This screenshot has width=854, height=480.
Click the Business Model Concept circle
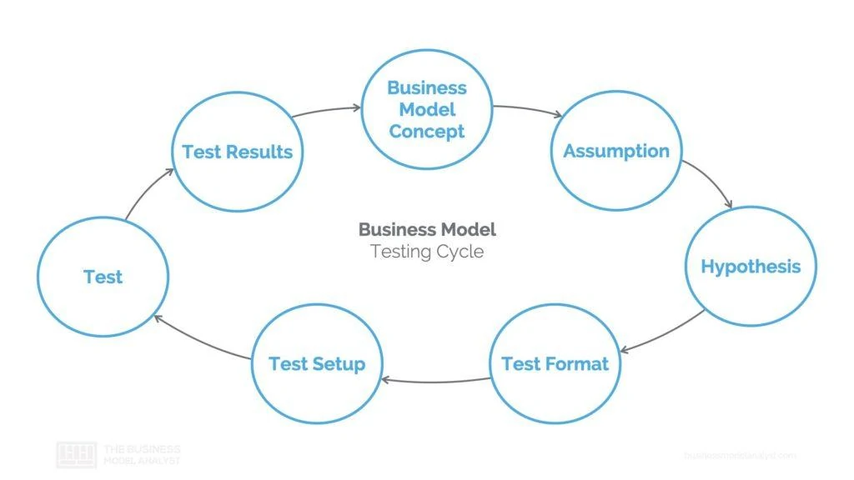(426, 109)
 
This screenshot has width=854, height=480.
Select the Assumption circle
(616, 151)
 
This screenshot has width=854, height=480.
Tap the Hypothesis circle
(751, 267)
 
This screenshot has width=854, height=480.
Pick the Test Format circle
(555, 364)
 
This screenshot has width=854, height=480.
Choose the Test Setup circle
(316, 364)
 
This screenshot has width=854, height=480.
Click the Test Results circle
(237, 152)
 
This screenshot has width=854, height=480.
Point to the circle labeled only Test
(103, 277)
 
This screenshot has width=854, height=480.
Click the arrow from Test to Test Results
(148, 192)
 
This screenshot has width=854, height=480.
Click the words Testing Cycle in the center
(426, 251)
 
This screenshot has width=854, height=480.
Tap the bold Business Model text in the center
(426, 229)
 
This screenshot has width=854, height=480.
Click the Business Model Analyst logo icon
(76, 454)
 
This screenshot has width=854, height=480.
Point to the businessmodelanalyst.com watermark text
(740, 455)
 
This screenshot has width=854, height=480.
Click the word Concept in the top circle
(426, 132)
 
